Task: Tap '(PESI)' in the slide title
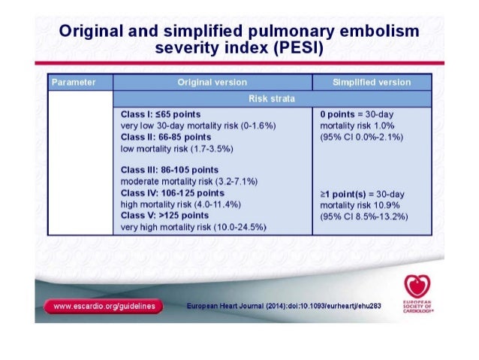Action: pyautogui.click(x=294, y=50)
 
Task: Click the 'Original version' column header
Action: pyautogui.click(x=212, y=81)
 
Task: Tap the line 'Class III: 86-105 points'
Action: pyautogui.click(x=169, y=168)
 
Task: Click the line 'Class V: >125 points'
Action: pyautogui.click(x=164, y=216)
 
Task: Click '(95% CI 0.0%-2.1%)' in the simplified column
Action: pyautogui.click(x=363, y=138)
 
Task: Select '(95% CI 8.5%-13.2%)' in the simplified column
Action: pyautogui.click(x=366, y=216)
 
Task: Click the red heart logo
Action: pyautogui.click(x=416, y=286)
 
